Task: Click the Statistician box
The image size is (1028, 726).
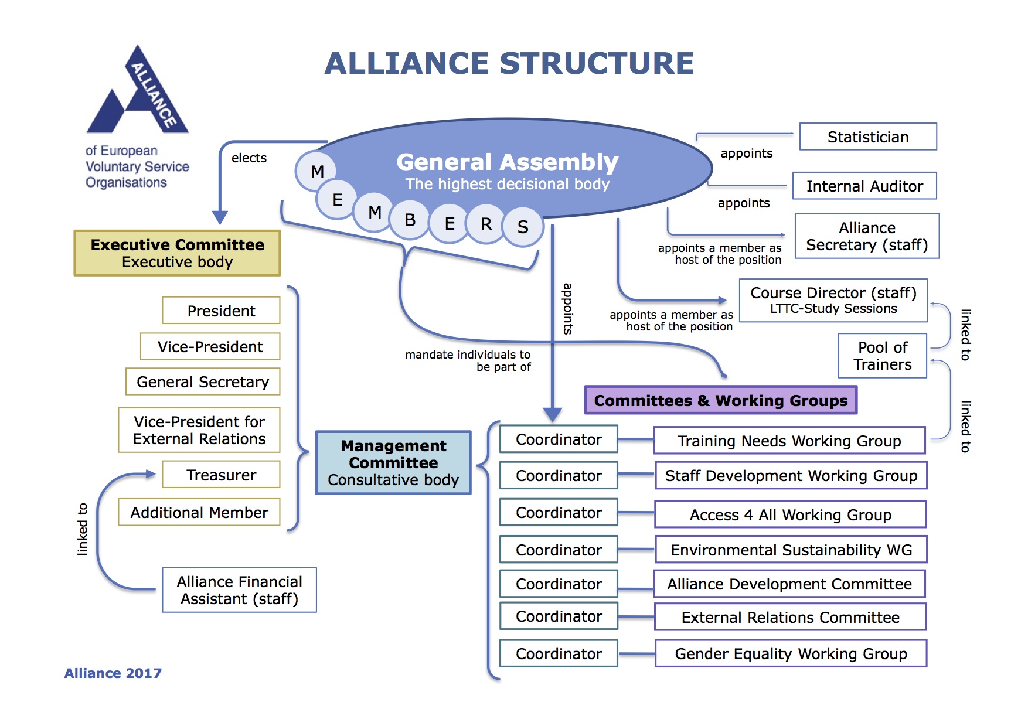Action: (867, 137)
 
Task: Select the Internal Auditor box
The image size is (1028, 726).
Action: (864, 186)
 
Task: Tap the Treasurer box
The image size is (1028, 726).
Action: (221, 475)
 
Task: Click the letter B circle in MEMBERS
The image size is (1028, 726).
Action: (410, 220)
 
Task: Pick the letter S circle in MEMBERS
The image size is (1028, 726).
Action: (523, 227)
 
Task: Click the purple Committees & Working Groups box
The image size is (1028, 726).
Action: (720, 400)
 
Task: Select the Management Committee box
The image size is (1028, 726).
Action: (393, 463)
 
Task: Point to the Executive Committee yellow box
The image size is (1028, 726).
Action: (177, 253)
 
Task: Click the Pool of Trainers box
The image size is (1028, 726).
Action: (882, 356)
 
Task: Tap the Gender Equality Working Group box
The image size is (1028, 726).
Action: (790, 653)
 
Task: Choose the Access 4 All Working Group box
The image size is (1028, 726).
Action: (790, 514)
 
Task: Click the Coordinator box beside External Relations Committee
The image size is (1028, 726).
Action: (559, 616)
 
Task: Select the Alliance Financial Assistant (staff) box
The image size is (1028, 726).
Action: (239, 590)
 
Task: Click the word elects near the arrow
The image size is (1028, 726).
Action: (249, 158)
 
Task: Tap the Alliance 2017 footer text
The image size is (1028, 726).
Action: (113, 673)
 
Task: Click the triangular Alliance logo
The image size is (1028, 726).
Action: (138, 94)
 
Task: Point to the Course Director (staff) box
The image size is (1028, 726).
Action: (833, 300)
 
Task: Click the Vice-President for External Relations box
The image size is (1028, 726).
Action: (199, 430)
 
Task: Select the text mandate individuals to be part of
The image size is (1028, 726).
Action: (468, 360)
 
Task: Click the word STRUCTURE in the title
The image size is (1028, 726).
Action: (597, 63)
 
